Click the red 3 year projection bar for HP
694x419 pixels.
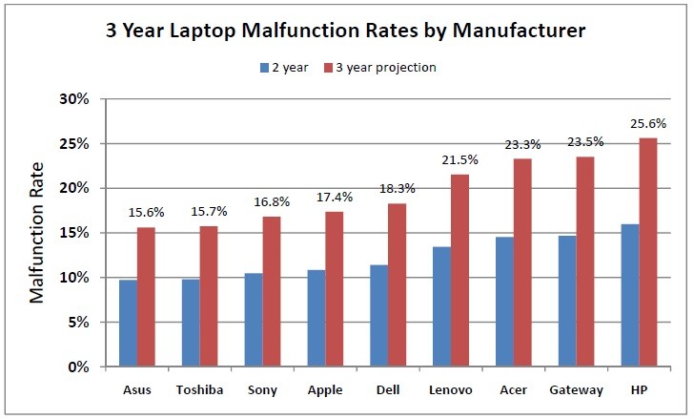pos(647,253)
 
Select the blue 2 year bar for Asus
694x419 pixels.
pos(128,324)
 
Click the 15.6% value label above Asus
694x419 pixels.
pos(146,215)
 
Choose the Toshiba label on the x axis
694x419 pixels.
pos(198,389)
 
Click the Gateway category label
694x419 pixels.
pos(576,389)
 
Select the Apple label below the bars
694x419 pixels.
pos(324,389)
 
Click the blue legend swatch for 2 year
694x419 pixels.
pos(266,68)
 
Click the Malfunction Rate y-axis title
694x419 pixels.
pos(38,233)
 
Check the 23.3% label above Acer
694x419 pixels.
pos(522,145)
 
